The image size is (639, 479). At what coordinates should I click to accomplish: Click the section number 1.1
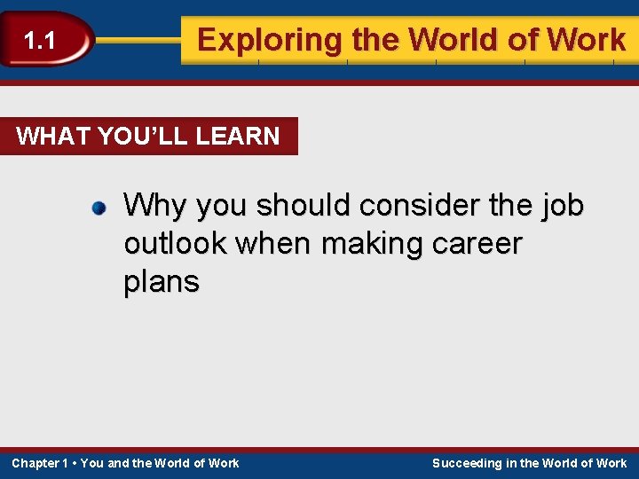pos(39,40)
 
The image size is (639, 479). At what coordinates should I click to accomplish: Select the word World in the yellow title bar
pos(461,40)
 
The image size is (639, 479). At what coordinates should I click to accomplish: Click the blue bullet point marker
pos(99,209)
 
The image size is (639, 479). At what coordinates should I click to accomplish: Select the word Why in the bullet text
pos(155,206)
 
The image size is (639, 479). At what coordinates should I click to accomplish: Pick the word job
pos(562,206)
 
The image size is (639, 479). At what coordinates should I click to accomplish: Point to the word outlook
pos(173,244)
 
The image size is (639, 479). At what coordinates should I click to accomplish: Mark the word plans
pos(162,283)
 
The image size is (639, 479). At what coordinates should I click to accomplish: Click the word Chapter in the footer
pos(35,463)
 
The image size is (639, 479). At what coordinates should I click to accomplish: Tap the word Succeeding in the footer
pos(467,463)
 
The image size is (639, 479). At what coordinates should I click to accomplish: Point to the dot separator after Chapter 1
pos(74,463)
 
